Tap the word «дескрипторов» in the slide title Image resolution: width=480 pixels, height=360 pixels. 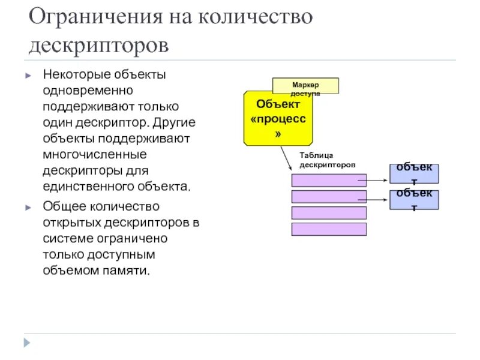point(99,46)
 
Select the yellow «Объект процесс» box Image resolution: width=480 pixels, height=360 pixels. point(278,118)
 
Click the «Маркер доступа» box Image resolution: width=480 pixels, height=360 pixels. point(305,86)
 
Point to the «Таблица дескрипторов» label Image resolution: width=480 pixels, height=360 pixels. point(328,160)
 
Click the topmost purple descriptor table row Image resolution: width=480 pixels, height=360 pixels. point(328,181)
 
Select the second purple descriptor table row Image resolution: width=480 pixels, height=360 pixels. point(328,197)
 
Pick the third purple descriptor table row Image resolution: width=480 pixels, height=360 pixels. point(328,212)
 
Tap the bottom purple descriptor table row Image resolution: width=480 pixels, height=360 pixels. point(328,229)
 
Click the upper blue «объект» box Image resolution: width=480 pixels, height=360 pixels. point(414,173)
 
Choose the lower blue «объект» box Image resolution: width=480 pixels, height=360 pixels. point(414,200)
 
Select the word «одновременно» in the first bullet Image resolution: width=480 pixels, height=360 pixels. point(87,91)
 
